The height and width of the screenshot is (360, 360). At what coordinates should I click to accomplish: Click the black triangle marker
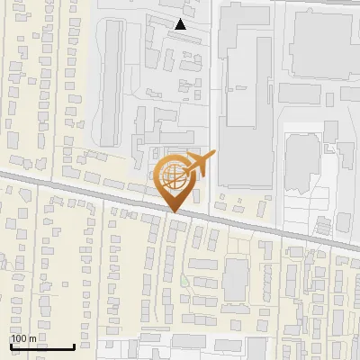(x=181, y=24)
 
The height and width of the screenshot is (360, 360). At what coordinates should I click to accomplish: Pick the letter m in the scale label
(x=34, y=338)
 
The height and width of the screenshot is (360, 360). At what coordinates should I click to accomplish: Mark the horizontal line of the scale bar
(x=41, y=346)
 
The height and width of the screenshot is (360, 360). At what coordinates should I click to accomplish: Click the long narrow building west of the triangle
(x=112, y=81)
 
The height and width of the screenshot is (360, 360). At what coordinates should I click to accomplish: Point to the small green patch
(x=184, y=282)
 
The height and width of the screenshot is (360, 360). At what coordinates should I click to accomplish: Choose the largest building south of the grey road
(x=237, y=279)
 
